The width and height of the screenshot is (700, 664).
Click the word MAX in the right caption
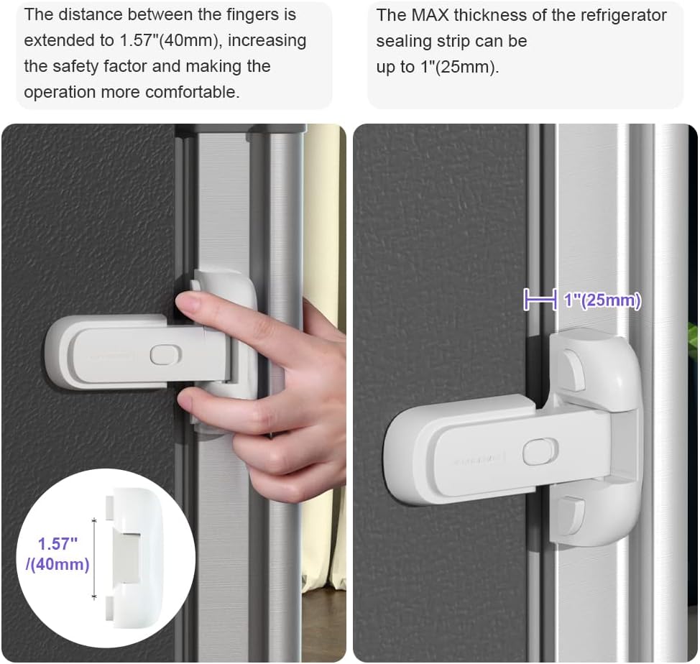click(x=430, y=15)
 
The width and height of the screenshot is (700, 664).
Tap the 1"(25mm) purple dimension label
click(x=602, y=300)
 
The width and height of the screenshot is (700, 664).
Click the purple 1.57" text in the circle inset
click(x=58, y=544)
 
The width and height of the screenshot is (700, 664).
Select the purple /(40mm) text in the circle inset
click(x=57, y=565)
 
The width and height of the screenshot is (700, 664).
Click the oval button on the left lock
click(x=165, y=355)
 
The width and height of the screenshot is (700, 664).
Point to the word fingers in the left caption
click(x=254, y=14)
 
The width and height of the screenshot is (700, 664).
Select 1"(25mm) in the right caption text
click(x=459, y=67)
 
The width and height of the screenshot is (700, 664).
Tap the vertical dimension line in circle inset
click(x=94, y=558)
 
